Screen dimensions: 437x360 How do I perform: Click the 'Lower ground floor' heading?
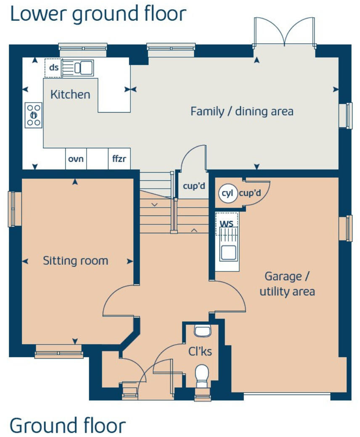coord(98,13)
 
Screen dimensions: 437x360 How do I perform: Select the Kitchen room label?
coord(70,95)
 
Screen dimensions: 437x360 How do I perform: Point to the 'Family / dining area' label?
coord(242,111)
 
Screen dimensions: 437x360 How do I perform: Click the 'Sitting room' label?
coord(75,261)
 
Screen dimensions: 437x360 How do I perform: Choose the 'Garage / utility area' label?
coord(287,284)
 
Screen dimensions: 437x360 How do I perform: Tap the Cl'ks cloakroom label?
coord(200,351)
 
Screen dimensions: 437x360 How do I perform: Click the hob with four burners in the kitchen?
coord(34,115)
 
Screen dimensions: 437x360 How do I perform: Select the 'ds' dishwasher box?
coord(54,67)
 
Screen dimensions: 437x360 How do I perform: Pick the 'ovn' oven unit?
coord(76,159)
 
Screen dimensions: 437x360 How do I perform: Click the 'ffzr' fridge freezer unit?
coord(119,159)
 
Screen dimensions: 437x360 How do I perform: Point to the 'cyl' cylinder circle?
coord(228,194)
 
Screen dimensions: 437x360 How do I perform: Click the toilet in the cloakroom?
coord(202,375)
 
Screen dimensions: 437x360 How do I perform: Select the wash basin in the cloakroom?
coord(202,331)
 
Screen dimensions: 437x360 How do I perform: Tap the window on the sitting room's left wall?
coord(14,209)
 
